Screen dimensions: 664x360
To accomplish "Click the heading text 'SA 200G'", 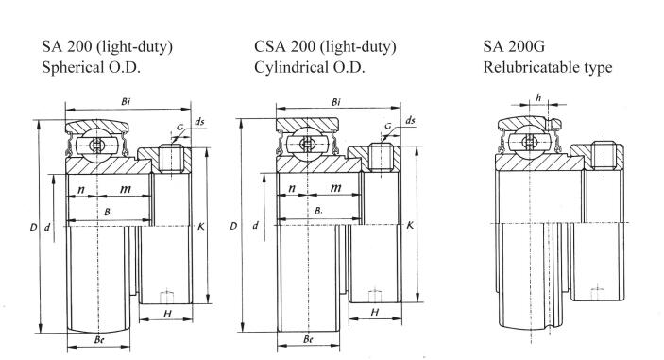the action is point(514,45).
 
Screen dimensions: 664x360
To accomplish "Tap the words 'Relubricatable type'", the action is point(548,67).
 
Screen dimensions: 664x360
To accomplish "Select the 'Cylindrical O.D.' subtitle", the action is point(310,67).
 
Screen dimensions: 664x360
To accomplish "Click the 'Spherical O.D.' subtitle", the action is point(91,67).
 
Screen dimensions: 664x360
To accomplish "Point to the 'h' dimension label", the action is point(538,98).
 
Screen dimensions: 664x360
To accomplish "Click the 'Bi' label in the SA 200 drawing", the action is point(126,102).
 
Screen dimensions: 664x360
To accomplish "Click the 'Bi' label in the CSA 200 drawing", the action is point(336,102).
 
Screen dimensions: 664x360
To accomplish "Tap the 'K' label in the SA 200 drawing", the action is point(201,227).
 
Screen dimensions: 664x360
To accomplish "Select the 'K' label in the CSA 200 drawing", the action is point(410,225).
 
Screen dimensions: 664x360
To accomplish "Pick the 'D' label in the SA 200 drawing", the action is point(33,228).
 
